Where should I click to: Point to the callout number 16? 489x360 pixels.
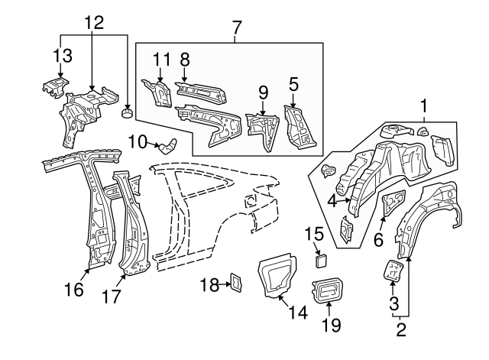(73, 289)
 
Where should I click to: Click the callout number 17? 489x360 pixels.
(112, 296)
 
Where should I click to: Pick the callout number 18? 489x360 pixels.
(209, 284)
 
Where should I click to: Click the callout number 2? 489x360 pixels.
(400, 330)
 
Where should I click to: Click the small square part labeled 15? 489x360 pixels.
(319, 259)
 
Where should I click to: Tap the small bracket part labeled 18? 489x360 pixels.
(236, 284)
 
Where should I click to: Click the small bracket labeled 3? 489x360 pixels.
(393, 271)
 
